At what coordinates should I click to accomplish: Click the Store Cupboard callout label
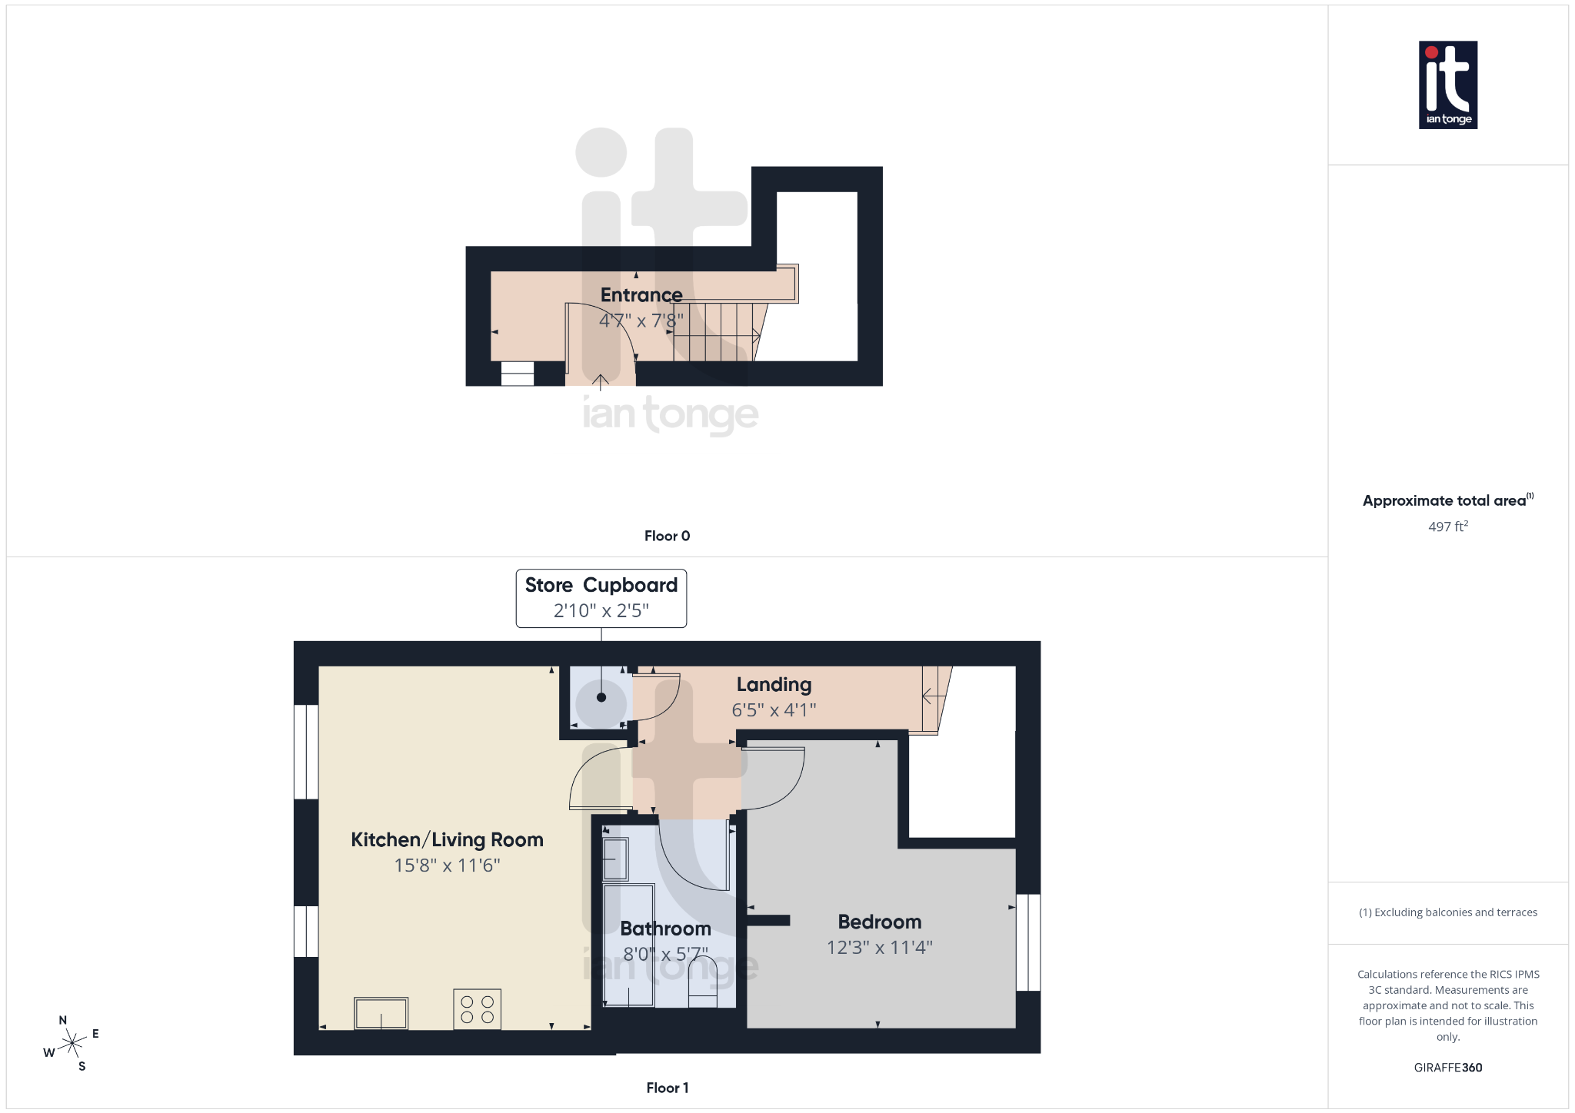click(601, 586)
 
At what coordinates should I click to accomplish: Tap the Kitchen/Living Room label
click(447, 839)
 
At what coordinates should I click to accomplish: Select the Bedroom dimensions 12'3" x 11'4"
click(879, 948)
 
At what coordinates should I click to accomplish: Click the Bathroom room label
click(665, 929)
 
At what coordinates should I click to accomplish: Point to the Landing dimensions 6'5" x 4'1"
click(774, 710)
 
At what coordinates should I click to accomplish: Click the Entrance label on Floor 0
click(641, 295)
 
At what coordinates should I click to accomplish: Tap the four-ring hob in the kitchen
click(477, 1009)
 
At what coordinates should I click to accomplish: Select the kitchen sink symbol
click(381, 1013)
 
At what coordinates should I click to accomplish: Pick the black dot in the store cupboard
click(601, 698)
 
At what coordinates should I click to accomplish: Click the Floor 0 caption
click(667, 536)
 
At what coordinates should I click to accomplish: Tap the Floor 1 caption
click(667, 1088)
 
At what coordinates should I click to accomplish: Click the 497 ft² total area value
click(1447, 527)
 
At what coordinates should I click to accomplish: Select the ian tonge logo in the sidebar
click(1447, 85)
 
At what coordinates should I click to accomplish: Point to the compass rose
click(72, 1043)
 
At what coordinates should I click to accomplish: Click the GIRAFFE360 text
click(1447, 1068)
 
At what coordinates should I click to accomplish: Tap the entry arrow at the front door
click(600, 381)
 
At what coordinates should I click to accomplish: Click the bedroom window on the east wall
click(1028, 942)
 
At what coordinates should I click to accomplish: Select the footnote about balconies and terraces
click(1447, 912)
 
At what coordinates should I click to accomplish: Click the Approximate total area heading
click(1444, 500)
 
